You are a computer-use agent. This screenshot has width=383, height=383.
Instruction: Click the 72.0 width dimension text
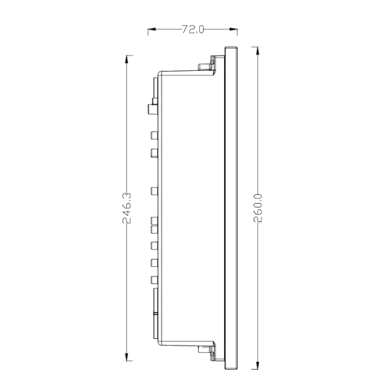coord(193,29)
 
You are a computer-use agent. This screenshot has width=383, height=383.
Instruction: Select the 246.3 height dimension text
coord(127,208)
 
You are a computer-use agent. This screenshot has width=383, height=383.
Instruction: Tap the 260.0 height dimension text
coord(258,208)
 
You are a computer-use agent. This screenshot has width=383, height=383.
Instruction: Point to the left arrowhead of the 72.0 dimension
coord(152,29)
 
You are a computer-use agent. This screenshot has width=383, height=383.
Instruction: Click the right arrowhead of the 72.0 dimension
coord(233,29)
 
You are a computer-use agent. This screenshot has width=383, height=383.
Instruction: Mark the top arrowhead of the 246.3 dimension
coord(126,59)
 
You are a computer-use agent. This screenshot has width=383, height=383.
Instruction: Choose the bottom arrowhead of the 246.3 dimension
coord(126,357)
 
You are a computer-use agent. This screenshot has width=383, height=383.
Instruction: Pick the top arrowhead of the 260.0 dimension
coord(257,51)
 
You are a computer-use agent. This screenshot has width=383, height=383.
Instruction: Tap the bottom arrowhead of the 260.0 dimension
coord(257,365)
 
